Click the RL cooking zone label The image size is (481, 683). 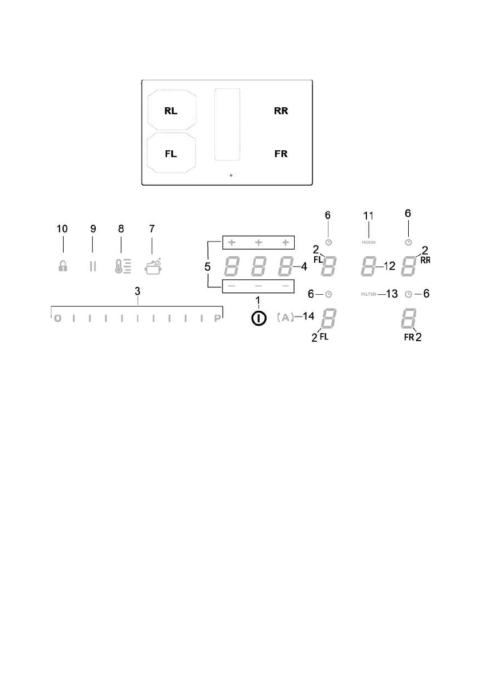[171, 111]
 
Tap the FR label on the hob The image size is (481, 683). [280, 154]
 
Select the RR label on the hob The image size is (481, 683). [280, 111]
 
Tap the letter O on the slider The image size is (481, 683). [57, 319]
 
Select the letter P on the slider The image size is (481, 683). [217, 319]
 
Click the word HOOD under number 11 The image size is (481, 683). [368, 243]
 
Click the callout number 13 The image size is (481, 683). [392, 294]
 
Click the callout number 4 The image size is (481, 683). [303, 266]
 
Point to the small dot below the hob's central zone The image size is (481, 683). [230, 175]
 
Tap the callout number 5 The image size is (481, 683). [209, 267]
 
